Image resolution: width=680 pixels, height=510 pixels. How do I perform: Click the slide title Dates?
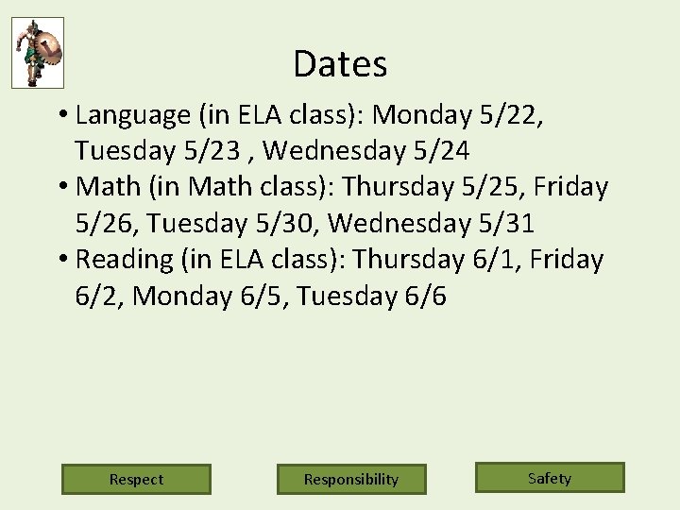pyautogui.click(x=340, y=64)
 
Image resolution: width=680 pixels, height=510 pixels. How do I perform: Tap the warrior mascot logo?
pyautogui.click(x=38, y=53)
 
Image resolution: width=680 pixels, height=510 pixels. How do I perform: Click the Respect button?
pyautogui.click(x=136, y=479)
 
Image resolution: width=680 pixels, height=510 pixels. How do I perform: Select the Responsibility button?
pyautogui.click(x=351, y=479)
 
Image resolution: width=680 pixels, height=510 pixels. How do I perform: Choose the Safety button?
pyautogui.click(x=550, y=478)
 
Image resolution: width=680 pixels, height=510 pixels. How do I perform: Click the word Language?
pyautogui.click(x=132, y=116)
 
